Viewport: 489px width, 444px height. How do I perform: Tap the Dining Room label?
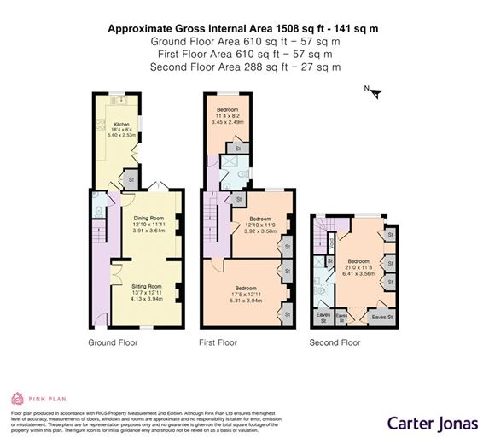click(148, 218)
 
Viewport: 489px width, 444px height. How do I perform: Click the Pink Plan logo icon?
click(16, 398)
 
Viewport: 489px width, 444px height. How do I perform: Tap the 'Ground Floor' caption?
click(113, 343)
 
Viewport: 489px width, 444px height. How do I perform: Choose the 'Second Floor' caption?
click(335, 343)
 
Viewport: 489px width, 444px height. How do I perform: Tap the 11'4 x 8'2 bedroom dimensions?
click(226, 116)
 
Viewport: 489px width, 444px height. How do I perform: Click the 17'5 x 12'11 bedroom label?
click(246, 294)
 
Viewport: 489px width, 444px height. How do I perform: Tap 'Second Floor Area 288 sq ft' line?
click(244, 67)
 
